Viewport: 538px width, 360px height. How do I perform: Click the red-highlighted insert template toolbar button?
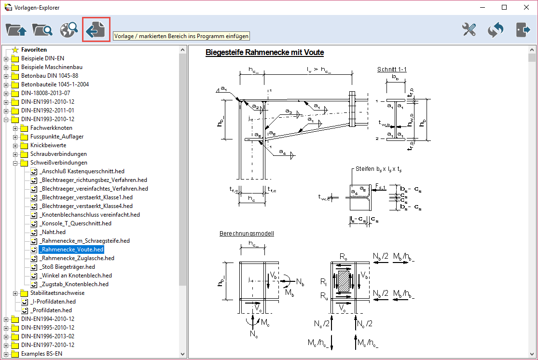[x=96, y=30]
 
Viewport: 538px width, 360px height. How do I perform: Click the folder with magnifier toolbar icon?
[x=42, y=30]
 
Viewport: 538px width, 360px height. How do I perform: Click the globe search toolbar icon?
[x=69, y=30]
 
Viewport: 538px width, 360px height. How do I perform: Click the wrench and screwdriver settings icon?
[x=469, y=30]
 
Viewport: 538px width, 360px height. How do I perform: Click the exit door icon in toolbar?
[x=523, y=30]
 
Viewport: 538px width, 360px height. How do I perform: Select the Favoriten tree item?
[x=34, y=50]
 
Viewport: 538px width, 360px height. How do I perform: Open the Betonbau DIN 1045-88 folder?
[x=49, y=76]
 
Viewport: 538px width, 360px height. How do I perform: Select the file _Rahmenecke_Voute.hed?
[x=71, y=249]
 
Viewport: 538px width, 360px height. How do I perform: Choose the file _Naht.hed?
[x=53, y=232]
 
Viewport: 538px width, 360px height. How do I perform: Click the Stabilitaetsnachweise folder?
[x=57, y=293]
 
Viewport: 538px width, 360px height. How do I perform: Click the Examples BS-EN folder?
[x=41, y=354]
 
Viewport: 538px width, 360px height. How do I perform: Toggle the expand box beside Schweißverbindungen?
[x=15, y=163]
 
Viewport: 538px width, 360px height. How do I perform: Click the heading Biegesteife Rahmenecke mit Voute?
[x=264, y=53]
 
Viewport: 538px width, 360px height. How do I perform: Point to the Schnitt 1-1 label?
[x=392, y=69]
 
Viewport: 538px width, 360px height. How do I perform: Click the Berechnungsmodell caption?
[x=247, y=234]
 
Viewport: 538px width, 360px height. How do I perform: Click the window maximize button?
[x=504, y=7]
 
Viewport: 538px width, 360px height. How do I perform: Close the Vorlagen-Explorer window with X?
[x=526, y=7]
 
